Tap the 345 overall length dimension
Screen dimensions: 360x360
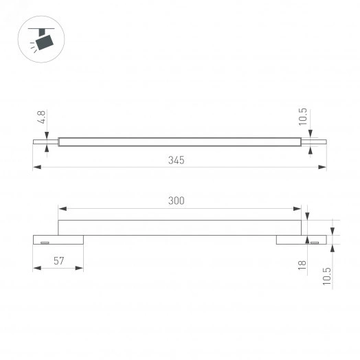[x=177, y=159]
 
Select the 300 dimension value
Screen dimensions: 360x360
[x=177, y=201]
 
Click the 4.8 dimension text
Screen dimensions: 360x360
[x=42, y=118]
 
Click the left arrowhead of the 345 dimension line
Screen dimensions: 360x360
[x=36, y=167]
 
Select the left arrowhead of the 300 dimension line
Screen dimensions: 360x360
[x=61, y=208]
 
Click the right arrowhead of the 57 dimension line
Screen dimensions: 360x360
[x=80, y=269]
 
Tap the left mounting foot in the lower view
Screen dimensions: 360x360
[x=58, y=240]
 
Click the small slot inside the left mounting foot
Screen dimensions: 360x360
[x=45, y=243]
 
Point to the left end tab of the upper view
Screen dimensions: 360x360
[x=45, y=142]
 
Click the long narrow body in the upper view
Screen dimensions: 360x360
[x=179, y=142]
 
